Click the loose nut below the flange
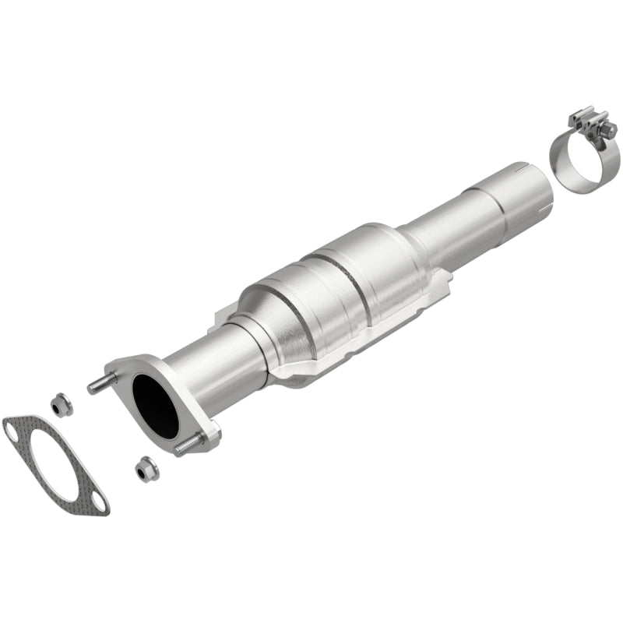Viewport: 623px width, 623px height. click(144, 469)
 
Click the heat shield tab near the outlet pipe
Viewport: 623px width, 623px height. click(445, 280)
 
